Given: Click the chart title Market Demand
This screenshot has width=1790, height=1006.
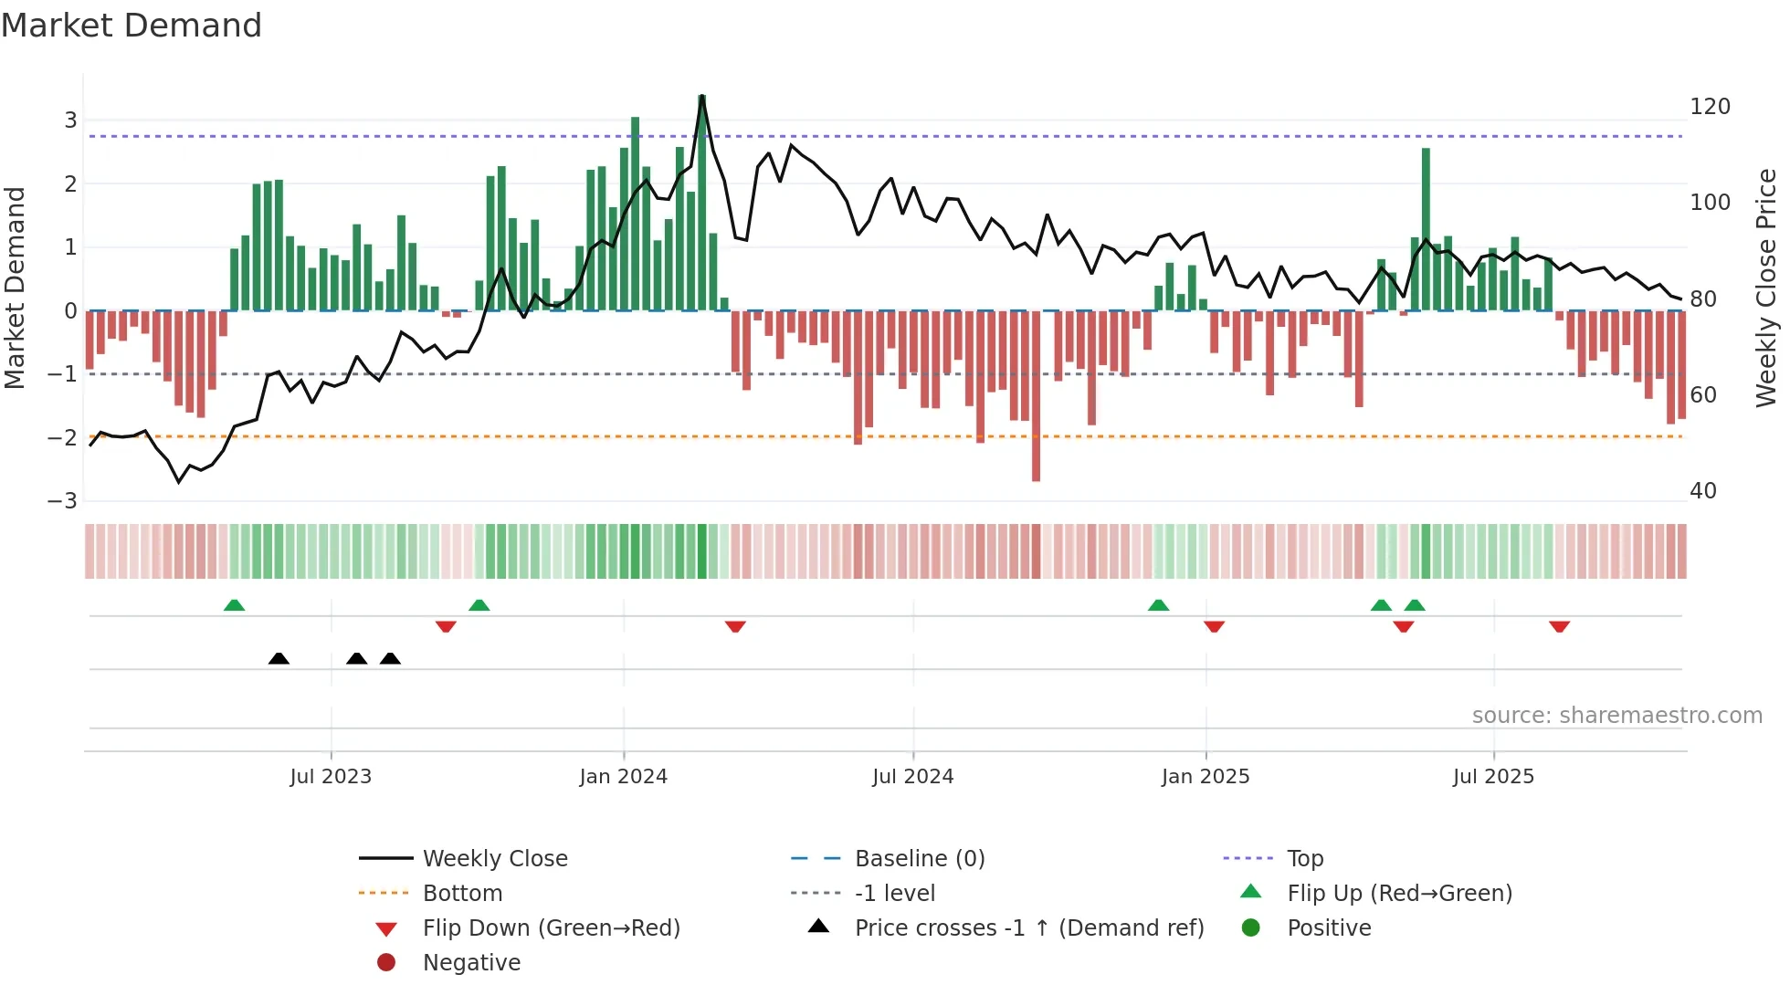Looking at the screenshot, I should point(132,26).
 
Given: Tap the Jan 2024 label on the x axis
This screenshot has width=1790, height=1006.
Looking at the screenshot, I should point(624,777).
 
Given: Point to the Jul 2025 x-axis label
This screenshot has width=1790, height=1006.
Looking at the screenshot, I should point(1493,777).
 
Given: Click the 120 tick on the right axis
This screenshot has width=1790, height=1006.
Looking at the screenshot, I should point(1710,107).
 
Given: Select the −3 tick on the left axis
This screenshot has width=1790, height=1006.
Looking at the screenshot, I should point(62,501).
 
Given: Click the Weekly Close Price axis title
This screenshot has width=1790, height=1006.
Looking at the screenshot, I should point(1766,288).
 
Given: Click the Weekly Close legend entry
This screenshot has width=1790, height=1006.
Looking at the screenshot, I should point(494,859).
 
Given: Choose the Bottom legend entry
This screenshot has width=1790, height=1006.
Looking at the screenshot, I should point(462,894).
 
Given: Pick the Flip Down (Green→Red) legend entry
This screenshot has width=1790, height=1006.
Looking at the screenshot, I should point(551,928).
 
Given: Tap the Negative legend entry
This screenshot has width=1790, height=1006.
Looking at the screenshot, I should point(471,963).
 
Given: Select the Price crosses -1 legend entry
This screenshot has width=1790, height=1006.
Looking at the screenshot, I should point(1028,928).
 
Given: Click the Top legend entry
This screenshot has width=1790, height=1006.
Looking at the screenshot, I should point(1304,859).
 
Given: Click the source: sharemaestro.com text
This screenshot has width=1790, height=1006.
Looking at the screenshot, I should point(1616,716).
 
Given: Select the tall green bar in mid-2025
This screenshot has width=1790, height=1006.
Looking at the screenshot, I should point(1426,229).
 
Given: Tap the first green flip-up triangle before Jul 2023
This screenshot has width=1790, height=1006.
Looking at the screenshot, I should point(234,605).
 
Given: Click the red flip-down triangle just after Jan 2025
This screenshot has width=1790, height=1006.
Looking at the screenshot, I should point(1214,626).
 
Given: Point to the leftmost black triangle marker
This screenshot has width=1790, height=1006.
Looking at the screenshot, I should point(279,658).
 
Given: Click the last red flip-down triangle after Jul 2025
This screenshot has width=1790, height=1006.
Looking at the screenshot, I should point(1559,626).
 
